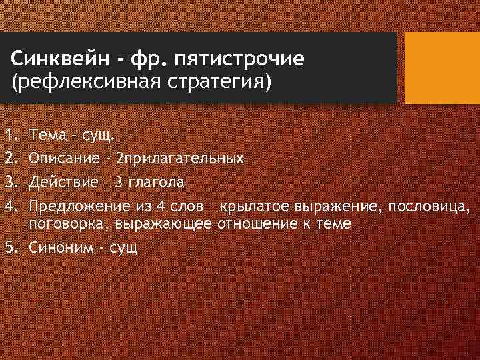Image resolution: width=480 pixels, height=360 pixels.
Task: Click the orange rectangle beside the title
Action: click(443, 68)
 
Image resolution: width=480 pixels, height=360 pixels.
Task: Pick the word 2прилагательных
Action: click(179, 159)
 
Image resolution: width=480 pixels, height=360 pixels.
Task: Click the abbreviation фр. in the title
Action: click(135, 59)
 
